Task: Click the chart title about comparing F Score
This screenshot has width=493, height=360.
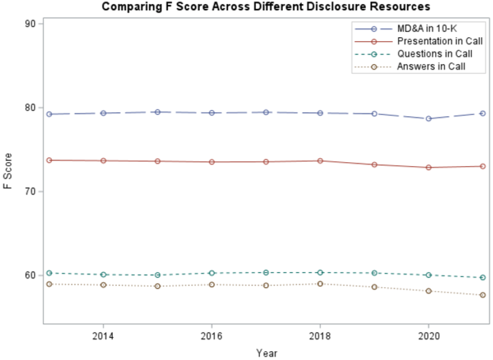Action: pos(265,7)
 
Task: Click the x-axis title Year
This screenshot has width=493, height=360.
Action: pos(266,353)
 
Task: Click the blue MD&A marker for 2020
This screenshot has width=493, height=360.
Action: pos(428,119)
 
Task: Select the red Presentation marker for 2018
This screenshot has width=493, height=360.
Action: pos(320,161)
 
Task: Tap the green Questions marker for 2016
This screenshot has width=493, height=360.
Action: pos(211,273)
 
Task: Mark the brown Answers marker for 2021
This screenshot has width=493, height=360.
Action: pos(483,295)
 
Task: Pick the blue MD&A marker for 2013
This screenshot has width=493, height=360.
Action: pos(49,114)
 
